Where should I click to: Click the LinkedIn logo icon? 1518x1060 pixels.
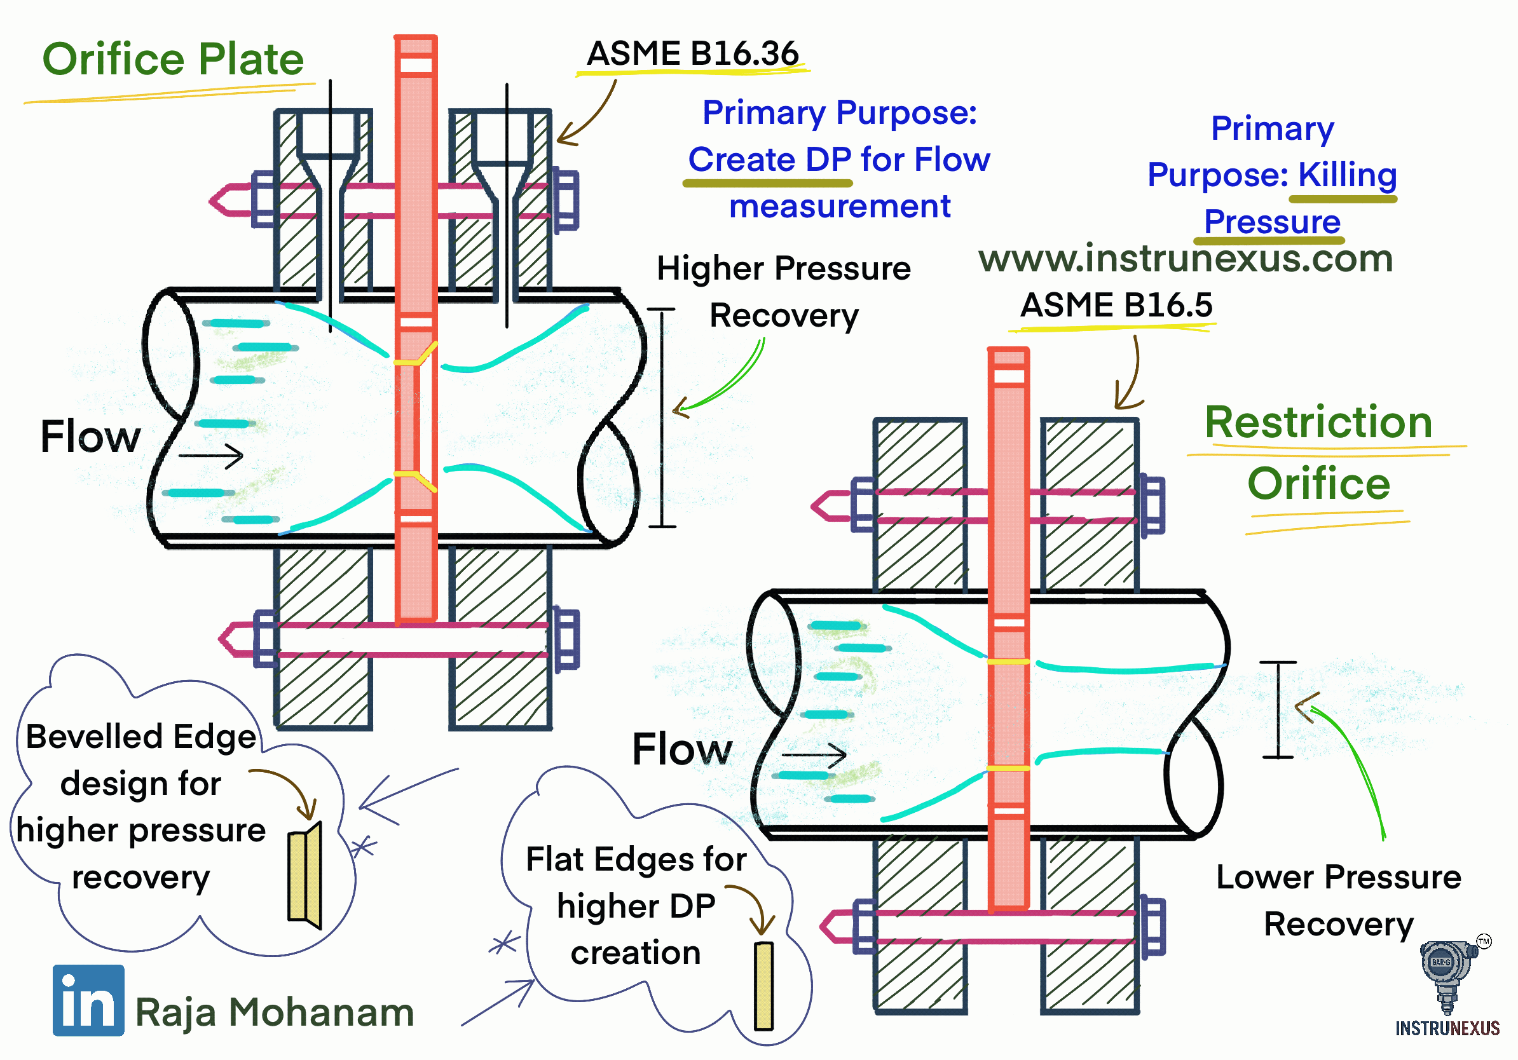[x=88, y=999]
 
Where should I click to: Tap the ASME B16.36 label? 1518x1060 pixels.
[x=692, y=53]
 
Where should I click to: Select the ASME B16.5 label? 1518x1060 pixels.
[x=1116, y=305]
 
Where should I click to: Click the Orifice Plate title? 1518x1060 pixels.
[x=172, y=60]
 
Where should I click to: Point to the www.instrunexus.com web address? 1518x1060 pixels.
[x=1186, y=259]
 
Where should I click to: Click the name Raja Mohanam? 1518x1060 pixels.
[x=275, y=1012]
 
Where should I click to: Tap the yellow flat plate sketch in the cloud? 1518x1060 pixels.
[x=763, y=985]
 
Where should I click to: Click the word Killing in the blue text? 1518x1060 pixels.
[x=1347, y=175]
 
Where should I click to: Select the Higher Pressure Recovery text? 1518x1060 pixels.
[x=783, y=292]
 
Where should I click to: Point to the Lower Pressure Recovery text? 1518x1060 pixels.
[x=1339, y=900]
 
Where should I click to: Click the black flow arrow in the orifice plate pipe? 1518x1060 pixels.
[x=211, y=455]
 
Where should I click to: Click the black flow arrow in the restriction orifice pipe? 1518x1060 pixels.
[x=814, y=754]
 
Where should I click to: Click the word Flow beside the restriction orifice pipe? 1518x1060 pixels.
[x=681, y=749]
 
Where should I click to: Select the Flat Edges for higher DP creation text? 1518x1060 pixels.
[x=636, y=906]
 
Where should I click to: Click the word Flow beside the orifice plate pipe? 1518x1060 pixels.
[x=90, y=437]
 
